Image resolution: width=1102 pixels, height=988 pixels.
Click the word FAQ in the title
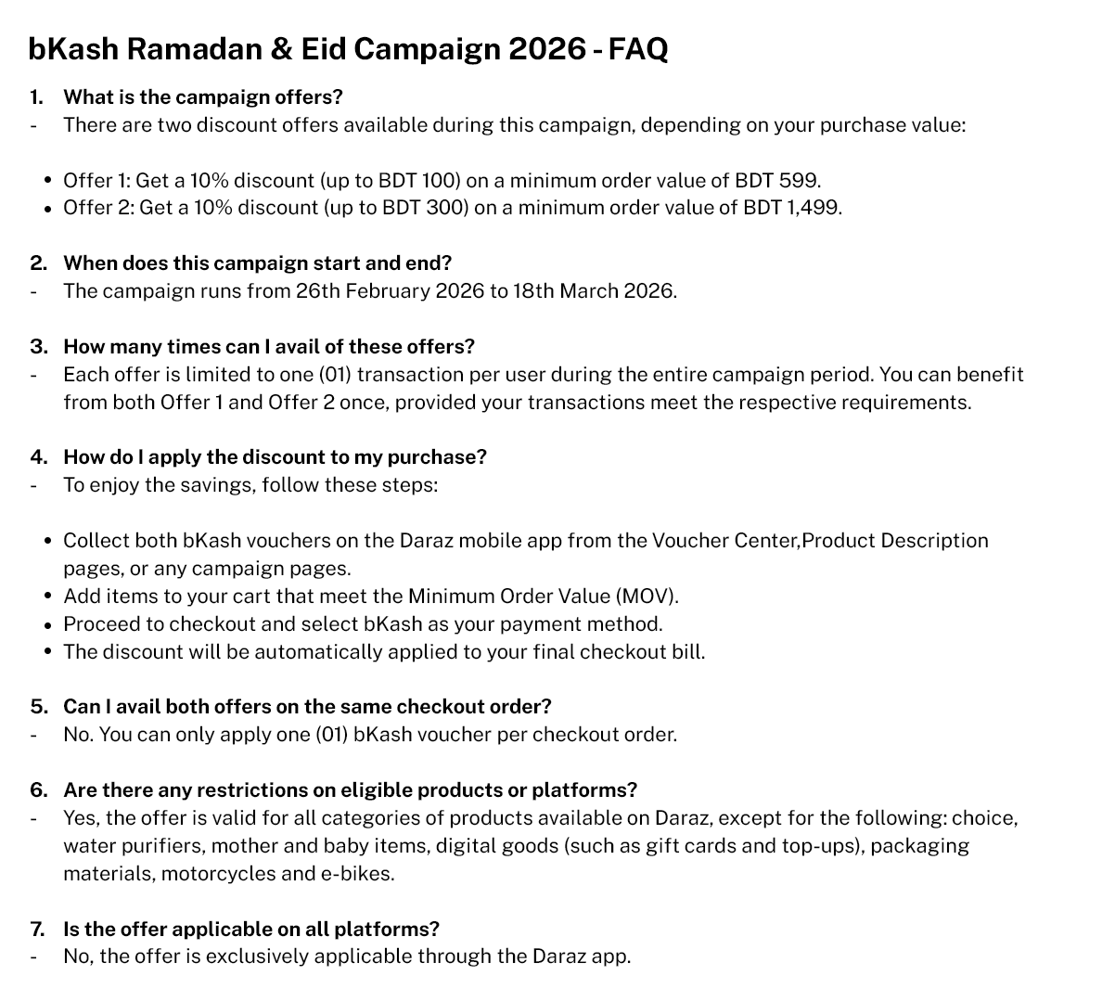[637, 48]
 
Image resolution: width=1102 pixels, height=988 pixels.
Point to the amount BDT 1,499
[792, 207]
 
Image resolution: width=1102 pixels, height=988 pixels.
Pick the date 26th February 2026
[390, 290]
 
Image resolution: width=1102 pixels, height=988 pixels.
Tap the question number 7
[37, 929]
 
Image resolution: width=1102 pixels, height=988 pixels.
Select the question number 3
[37, 346]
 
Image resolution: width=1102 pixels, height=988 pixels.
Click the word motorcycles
[218, 873]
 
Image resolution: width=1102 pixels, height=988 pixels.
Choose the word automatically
[308, 651]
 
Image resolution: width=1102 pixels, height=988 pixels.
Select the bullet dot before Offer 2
[47, 208]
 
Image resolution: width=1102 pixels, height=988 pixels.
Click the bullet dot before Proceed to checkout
[47, 624]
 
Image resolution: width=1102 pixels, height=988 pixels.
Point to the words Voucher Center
[725, 540]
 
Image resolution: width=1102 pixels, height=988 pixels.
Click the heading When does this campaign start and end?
[257, 263]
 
